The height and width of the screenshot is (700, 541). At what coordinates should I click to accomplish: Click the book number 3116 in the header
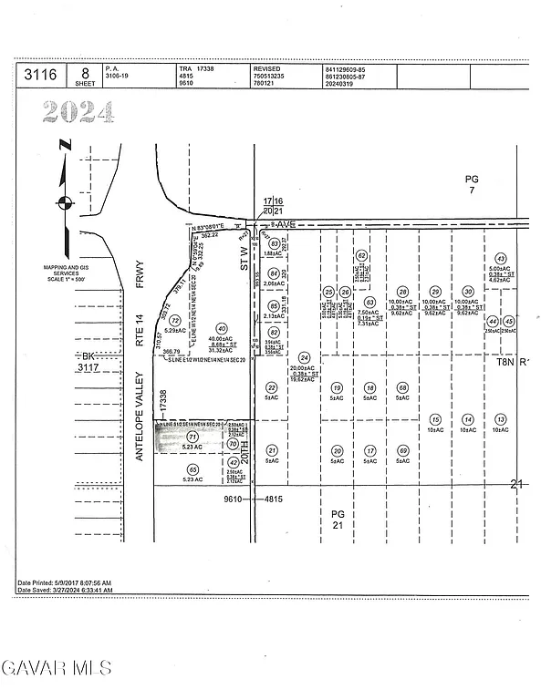tap(36, 74)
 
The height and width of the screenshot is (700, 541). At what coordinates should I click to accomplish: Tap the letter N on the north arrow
tap(64, 144)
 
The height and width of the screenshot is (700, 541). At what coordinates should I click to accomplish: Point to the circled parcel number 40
tap(221, 328)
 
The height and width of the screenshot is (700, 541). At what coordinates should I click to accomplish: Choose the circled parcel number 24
tap(305, 357)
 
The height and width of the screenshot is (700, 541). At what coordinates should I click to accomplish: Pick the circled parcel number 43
tap(500, 259)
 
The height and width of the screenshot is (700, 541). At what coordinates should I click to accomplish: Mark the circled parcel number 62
tap(361, 256)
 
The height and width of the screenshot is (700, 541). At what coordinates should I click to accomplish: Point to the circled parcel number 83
tap(274, 243)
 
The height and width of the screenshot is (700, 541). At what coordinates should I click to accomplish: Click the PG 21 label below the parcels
tap(338, 520)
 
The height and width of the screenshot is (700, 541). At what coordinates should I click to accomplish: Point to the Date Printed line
tap(64, 582)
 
